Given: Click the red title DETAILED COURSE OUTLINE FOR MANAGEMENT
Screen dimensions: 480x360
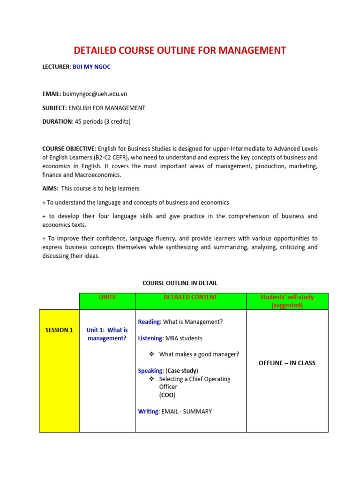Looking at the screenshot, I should click(180, 50).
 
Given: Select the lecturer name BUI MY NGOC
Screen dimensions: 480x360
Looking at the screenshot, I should click(92, 67).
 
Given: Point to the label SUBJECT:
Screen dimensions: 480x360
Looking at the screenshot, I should click(54, 108).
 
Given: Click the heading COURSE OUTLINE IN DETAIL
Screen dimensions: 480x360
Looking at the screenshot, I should click(180, 283).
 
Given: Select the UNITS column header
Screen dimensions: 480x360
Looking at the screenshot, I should click(107, 297).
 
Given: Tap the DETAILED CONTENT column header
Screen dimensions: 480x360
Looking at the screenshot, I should click(190, 297).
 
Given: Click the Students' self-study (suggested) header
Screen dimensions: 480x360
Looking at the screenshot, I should click(287, 301).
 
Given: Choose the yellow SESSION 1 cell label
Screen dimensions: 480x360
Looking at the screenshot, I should click(59, 330).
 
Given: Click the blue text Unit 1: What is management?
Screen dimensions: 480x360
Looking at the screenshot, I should click(107, 334).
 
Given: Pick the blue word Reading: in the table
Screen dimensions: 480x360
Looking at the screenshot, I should click(150, 322).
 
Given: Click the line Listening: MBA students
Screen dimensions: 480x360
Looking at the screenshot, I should click(170, 338).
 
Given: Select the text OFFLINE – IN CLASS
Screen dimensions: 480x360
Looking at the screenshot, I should click(287, 363).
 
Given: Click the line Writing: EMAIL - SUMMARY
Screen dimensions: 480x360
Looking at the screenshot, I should click(175, 412).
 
